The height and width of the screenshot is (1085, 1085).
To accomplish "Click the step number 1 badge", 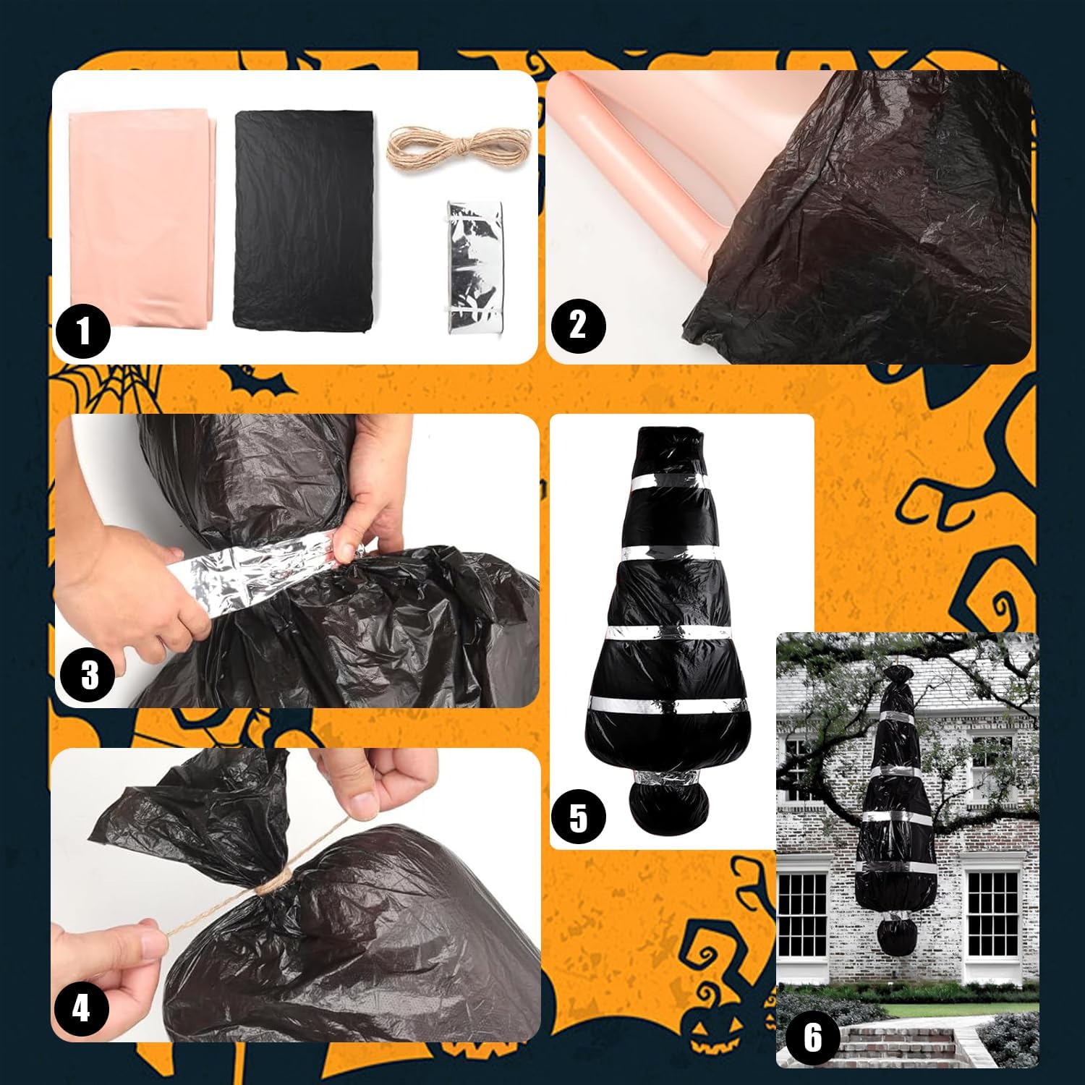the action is pos(83,332).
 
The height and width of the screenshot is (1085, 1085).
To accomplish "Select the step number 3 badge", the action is pos(88,675).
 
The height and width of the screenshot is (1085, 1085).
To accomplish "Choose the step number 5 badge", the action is pos(578,817).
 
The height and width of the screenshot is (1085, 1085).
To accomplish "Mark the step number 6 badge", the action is pos(813,1037).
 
